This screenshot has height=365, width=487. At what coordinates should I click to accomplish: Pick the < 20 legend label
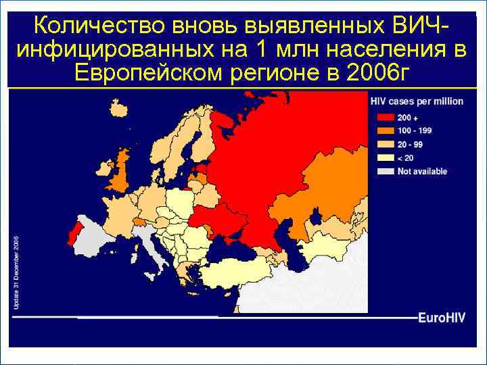click(405, 157)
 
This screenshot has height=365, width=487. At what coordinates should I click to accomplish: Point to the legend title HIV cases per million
click(417, 101)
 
